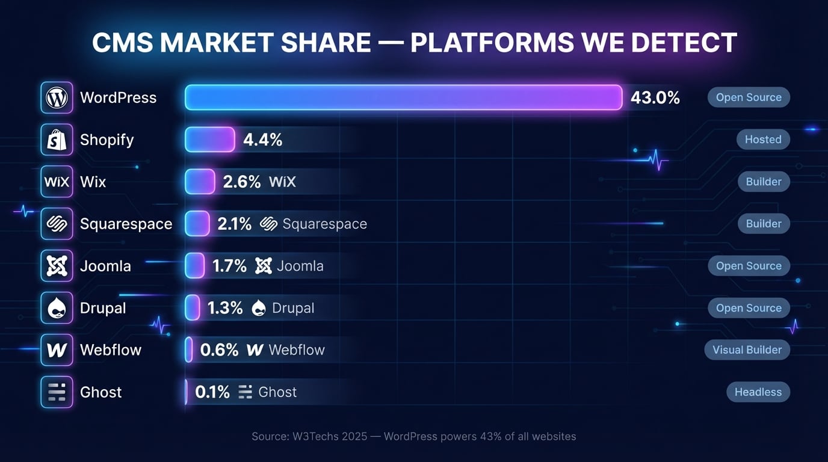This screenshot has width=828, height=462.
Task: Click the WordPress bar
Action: click(x=403, y=97)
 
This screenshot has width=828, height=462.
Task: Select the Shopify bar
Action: click(x=209, y=140)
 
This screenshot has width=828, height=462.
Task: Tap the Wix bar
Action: click(x=200, y=182)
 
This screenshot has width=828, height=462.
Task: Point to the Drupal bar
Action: click(x=193, y=308)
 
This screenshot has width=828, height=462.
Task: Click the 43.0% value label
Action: click(x=655, y=97)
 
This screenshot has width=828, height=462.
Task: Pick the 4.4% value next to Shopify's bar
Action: click(x=262, y=140)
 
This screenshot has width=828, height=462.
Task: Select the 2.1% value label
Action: click(x=235, y=224)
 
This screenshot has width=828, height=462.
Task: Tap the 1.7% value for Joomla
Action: click(x=229, y=266)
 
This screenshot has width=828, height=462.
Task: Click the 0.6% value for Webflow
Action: click(x=219, y=350)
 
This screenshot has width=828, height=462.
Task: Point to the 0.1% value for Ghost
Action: click(x=212, y=392)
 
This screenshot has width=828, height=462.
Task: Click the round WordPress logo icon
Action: click(x=57, y=97)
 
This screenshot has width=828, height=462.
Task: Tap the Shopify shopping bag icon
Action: click(x=57, y=140)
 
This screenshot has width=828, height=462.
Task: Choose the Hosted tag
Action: click(x=763, y=140)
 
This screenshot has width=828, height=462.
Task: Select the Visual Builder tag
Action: click(x=747, y=350)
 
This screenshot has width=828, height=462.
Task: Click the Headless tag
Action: click(x=758, y=392)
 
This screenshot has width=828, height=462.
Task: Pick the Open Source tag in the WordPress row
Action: click(x=749, y=97)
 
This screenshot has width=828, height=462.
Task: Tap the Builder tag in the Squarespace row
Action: click(x=764, y=224)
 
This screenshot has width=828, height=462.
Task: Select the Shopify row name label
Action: click(x=107, y=140)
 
